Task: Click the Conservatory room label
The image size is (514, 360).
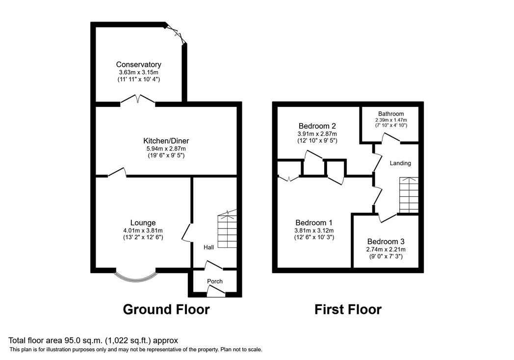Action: (x=139, y=65)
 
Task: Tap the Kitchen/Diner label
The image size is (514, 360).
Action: (x=166, y=141)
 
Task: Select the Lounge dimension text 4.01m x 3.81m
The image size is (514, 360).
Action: (x=143, y=231)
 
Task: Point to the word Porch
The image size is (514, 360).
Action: (x=215, y=282)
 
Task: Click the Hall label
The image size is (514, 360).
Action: (x=209, y=247)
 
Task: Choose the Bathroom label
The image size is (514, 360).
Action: (x=391, y=114)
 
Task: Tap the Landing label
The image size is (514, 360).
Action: (x=400, y=163)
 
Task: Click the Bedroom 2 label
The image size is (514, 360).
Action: (x=317, y=126)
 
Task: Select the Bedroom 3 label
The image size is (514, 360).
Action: (x=386, y=242)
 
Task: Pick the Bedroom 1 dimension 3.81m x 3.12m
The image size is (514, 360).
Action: (x=314, y=231)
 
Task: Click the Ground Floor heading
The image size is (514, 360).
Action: (x=166, y=309)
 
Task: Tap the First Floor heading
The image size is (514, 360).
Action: (x=348, y=309)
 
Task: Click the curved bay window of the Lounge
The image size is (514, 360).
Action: (x=136, y=279)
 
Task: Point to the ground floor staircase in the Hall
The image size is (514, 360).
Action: (x=227, y=229)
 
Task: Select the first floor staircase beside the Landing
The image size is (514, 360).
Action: (x=409, y=195)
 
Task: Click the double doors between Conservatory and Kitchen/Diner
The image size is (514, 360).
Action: (x=138, y=100)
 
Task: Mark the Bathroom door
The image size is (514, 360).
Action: (x=391, y=138)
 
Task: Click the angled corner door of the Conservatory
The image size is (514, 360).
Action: (x=176, y=33)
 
